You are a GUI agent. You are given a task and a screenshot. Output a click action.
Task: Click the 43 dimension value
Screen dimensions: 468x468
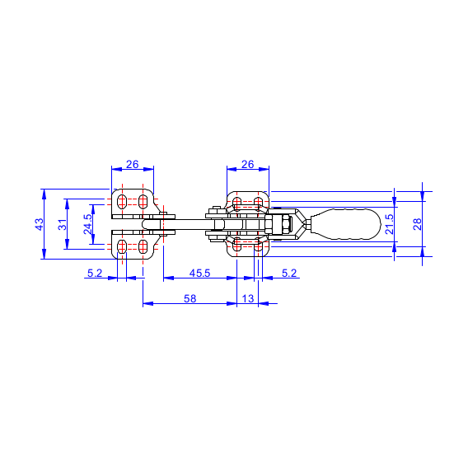pyautogui.click(x=40, y=224)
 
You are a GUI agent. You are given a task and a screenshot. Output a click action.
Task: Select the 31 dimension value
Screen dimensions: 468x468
pyautogui.click(x=63, y=224)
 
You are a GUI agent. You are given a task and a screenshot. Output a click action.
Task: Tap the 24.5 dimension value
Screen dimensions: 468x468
pyautogui.click(x=87, y=224)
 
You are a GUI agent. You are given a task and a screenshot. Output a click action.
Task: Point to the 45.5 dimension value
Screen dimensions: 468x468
pyautogui.click(x=199, y=273)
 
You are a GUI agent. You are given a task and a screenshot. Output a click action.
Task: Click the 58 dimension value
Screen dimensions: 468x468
pyautogui.click(x=190, y=298)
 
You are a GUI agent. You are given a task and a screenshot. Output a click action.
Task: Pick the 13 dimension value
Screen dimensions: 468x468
pyautogui.click(x=248, y=298)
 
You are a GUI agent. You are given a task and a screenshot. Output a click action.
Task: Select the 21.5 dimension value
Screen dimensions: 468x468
pyautogui.click(x=390, y=224)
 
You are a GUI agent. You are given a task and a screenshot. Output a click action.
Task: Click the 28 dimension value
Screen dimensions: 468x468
pyautogui.click(x=417, y=224)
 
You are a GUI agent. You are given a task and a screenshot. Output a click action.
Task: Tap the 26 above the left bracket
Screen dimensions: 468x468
pyautogui.click(x=132, y=164)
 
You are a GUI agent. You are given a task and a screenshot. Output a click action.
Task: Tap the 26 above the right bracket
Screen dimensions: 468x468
pyautogui.click(x=247, y=164)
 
